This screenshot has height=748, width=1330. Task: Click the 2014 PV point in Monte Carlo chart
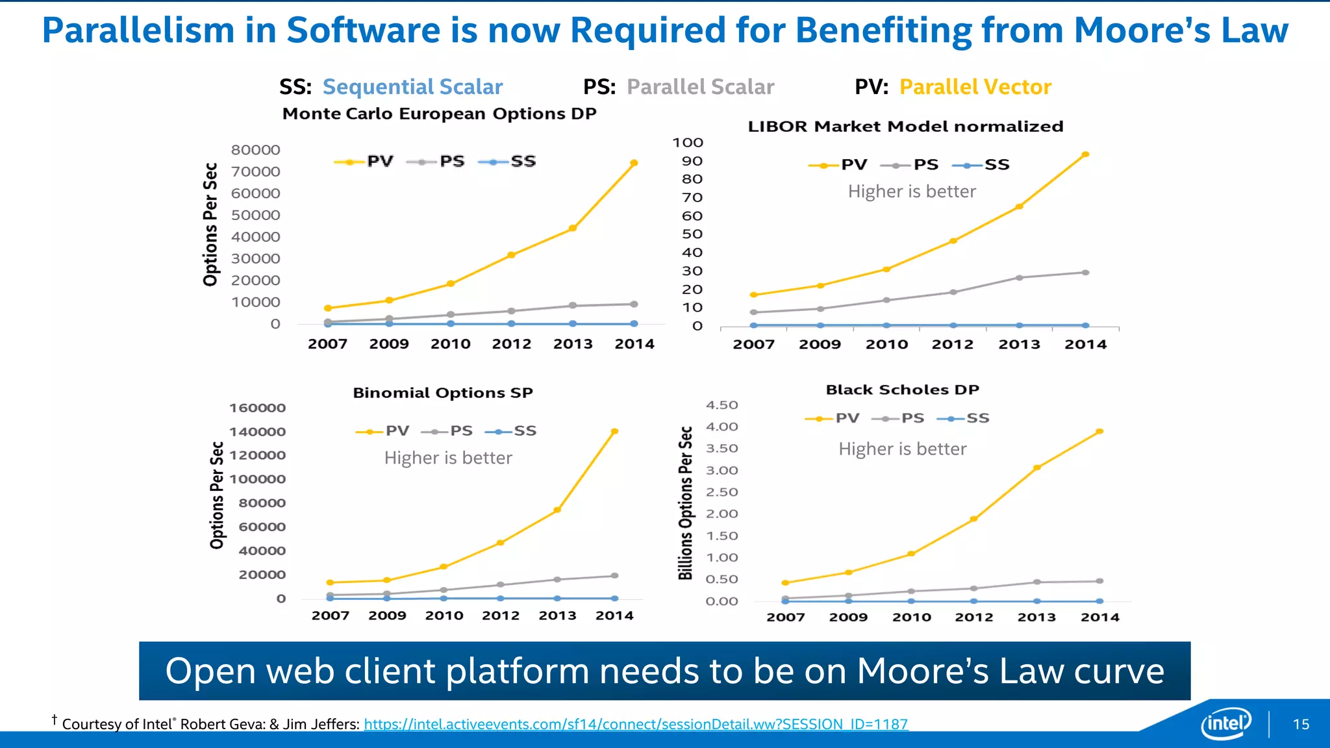pos(634,163)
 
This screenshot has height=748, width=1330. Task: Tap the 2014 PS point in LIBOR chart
pos(1085,273)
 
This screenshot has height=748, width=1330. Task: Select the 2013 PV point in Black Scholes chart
pos(1036,467)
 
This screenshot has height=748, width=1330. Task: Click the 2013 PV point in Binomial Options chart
pos(557,510)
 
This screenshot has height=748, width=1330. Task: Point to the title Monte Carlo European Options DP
pos(439,114)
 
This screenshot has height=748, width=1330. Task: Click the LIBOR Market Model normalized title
pos(905,127)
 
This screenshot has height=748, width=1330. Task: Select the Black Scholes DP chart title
pos(902,390)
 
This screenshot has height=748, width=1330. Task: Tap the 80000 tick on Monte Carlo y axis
pos(256,150)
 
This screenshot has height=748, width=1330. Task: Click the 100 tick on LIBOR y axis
pos(688,143)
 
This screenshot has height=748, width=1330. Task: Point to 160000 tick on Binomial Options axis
pos(258,408)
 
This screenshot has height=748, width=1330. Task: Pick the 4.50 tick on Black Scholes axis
pos(722,405)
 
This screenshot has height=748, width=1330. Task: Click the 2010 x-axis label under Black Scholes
pos(911,617)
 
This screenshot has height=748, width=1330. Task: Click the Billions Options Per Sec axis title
pos(686,503)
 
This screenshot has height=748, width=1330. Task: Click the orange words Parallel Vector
pos(975,87)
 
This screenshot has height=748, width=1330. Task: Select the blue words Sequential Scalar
pos(412,87)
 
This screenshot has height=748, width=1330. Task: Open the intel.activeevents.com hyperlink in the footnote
pos(636,724)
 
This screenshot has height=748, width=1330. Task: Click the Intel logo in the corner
pos(1225,723)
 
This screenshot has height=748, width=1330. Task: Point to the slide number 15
pos(1301,725)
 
